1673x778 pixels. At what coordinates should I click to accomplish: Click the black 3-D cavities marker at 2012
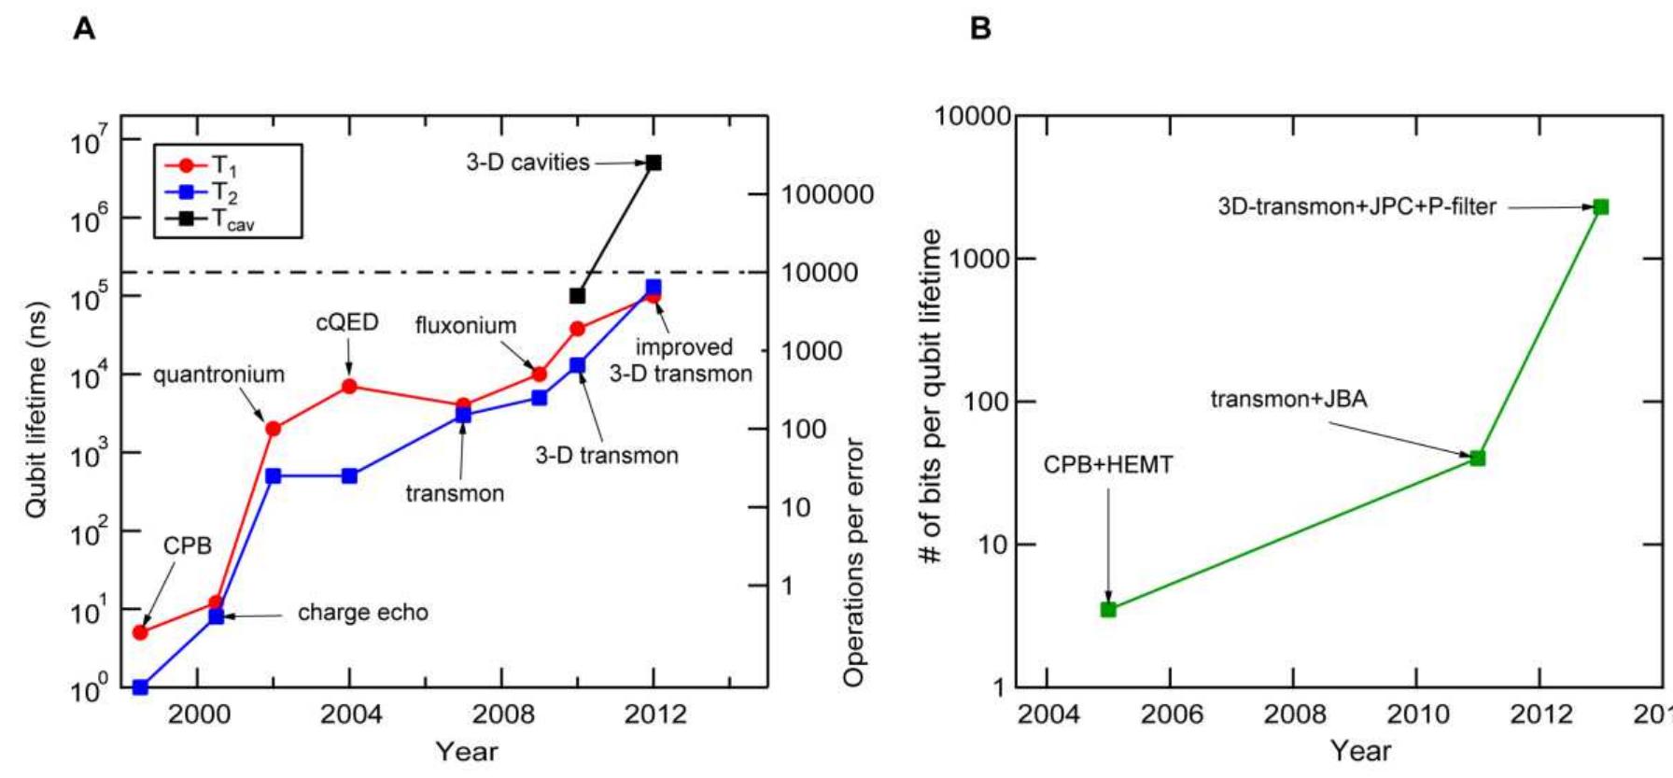pos(654,163)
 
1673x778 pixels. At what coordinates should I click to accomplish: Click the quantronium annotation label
pos(218,375)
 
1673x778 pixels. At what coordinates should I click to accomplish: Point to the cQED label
pos(347,322)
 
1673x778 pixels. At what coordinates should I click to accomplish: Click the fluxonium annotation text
pos(466,326)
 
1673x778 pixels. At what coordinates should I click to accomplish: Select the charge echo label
pos(362,613)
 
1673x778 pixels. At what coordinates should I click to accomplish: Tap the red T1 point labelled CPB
pos(140,632)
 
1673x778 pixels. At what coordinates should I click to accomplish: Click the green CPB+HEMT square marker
pos(1108,609)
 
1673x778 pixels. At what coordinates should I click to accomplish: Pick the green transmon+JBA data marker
pos(1477,458)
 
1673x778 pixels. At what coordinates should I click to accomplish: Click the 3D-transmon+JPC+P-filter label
pos(1357,206)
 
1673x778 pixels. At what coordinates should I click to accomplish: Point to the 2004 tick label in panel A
pos(351,715)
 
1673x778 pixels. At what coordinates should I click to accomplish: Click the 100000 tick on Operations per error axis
pos(827,194)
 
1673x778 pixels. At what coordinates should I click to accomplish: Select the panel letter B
pos(980,29)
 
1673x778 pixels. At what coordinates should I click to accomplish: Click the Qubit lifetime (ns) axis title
pos(35,410)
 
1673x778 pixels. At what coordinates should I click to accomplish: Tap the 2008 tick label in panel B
pos(1294,715)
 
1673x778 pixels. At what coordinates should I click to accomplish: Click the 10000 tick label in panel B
pos(973,116)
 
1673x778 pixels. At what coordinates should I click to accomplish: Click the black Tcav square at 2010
pos(577,295)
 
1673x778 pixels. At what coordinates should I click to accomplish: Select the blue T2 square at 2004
pos(349,475)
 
